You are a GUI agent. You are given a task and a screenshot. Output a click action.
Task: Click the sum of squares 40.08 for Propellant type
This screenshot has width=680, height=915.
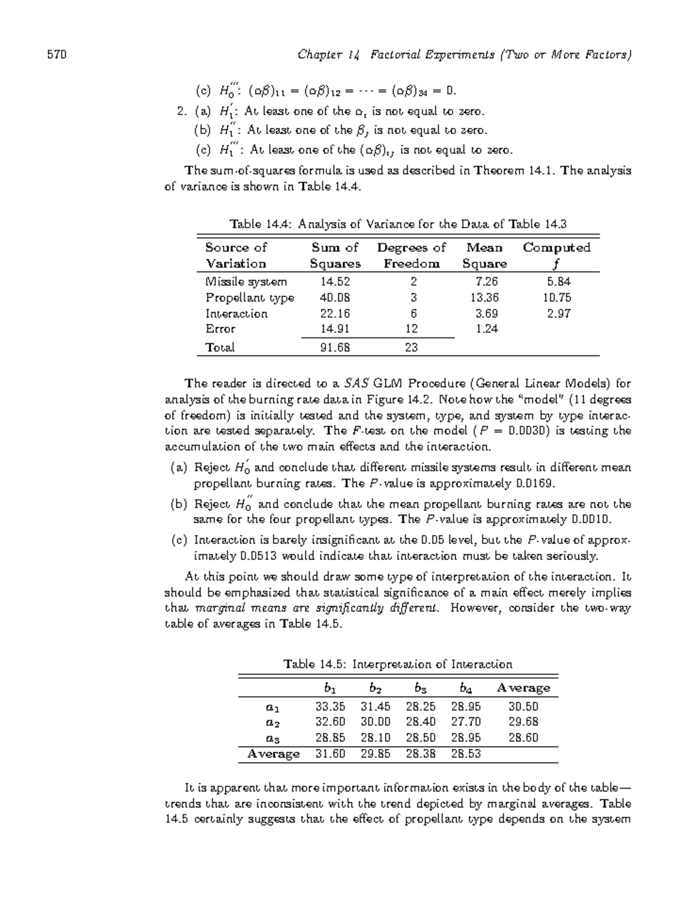335,298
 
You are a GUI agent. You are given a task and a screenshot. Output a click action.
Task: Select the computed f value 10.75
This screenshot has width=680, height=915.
556,298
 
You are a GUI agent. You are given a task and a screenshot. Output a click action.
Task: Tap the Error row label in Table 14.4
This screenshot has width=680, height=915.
220,329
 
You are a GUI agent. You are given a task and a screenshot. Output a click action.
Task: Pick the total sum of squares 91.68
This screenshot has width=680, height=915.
335,348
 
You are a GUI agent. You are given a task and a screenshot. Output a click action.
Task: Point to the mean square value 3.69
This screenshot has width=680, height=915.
484,314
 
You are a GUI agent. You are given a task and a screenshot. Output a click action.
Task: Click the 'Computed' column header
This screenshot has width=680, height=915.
556,248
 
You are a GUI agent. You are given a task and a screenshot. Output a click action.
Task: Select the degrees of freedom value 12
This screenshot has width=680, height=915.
412,329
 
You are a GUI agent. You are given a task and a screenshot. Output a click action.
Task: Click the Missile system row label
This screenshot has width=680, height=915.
246,282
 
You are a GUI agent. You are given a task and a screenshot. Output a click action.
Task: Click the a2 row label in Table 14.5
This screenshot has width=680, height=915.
273,723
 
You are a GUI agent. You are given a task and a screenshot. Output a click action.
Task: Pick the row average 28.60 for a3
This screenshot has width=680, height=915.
523,738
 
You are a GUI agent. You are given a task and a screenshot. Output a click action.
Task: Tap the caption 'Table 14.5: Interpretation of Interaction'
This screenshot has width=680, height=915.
398,664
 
